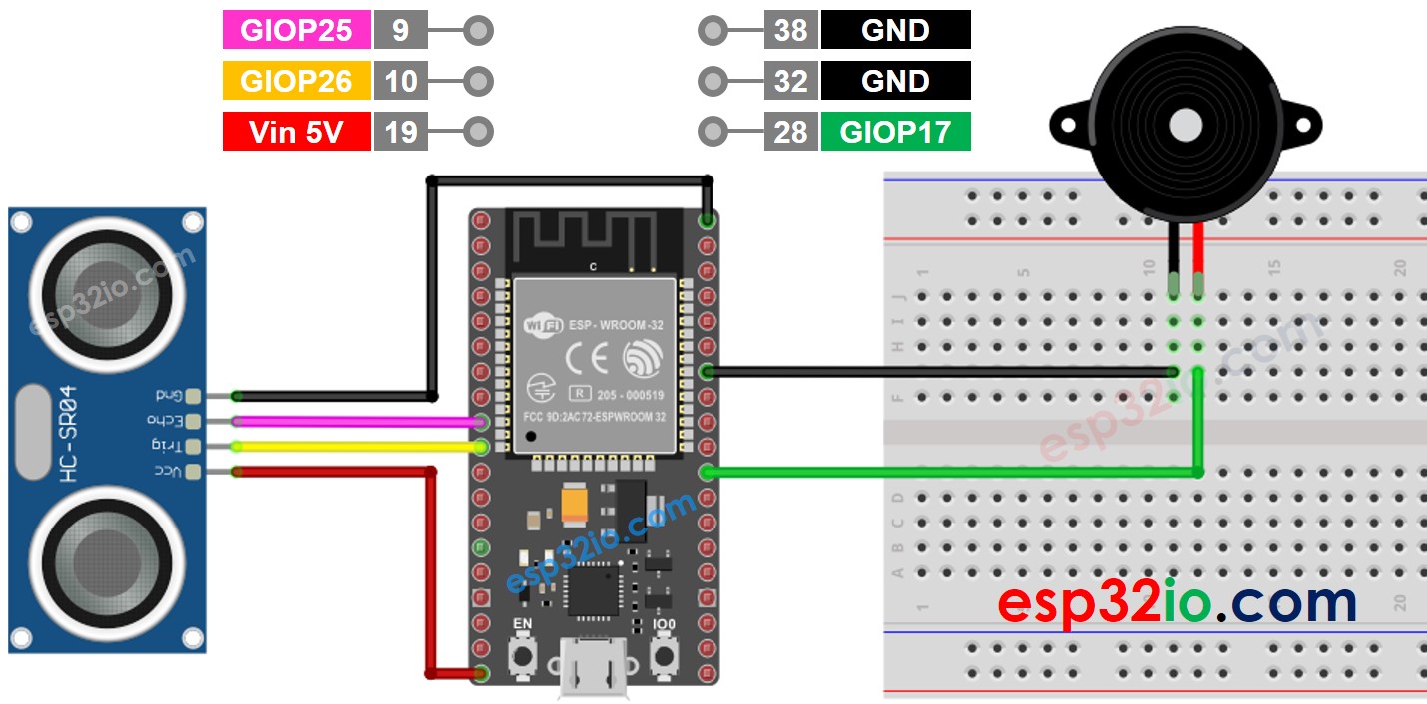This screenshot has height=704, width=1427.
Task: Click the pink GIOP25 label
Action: (x=296, y=30)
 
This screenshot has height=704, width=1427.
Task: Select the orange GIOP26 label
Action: (x=296, y=81)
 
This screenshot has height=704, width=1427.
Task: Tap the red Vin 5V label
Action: (x=296, y=132)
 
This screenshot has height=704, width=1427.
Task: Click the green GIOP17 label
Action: (x=895, y=132)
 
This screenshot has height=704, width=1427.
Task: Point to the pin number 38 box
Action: (x=791, y=30)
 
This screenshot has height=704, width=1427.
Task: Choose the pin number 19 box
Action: (x=401, y=132)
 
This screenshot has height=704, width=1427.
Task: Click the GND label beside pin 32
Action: (x=895, y=81)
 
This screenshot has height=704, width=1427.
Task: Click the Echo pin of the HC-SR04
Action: (x=193, y=421)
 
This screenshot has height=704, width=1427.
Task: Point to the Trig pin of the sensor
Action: (x=193, y=446)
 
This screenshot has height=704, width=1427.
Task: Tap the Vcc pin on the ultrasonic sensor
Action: (x=193, y=471)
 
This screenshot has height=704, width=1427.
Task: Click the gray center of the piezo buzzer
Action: (x=1185, y=124)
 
